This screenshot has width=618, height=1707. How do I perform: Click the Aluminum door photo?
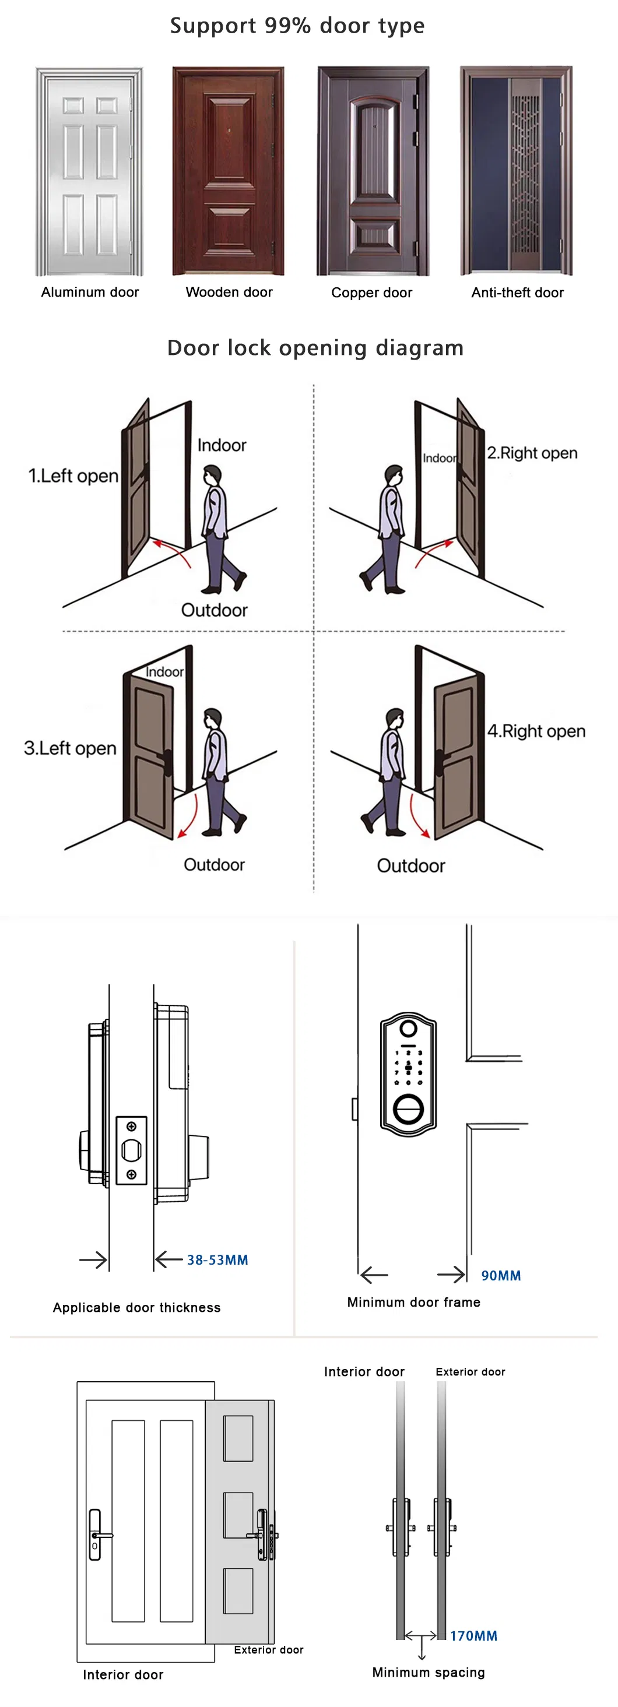pyautogui.click(x=90, y=171)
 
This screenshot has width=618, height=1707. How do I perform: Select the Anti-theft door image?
pyautogui.click(x=516, y=170)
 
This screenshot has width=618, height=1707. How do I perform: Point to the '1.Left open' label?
pyautogui.click(x=73, y=476)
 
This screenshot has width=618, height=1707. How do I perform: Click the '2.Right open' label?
pyautogui.click(x=532, y=453)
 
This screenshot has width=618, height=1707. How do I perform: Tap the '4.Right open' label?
pyautogui.click(x=536, y=731)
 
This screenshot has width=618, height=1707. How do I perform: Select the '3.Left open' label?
pyautogui.click(x=69, y=748)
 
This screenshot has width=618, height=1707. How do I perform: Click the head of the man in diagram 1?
pyautogui.click(x=212, y=475)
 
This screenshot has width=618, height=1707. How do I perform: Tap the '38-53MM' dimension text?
pyautogui.click(x=217, y=1260)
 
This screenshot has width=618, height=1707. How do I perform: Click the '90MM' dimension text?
pyautogui.click(x=501, y=1276)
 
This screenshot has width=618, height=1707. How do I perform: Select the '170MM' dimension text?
pyautogui.click(x=473, y=1635)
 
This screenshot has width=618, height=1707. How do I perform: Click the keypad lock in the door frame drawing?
pyautogui.click(x=409, y=1074)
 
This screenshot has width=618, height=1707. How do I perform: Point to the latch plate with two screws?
pyautogui.click(x=131, y=1150)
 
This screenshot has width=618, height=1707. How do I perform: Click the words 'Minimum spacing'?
pyautogui.click(x=429, y=1672)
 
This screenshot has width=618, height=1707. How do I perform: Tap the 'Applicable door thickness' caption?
pyautogui.click(x=136, y=1307)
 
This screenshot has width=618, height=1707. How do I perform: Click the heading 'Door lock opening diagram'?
pyautogui.click(x=315, y=348)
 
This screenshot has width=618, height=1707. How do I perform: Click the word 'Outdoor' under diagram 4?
pyautogui.click(x=410, y=865)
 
